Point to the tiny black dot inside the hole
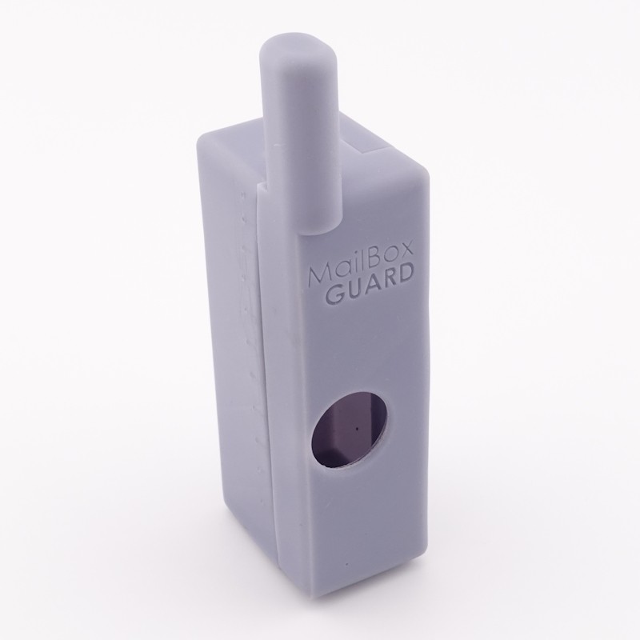(x=354, y=428)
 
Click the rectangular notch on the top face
(x=375, y=145)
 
